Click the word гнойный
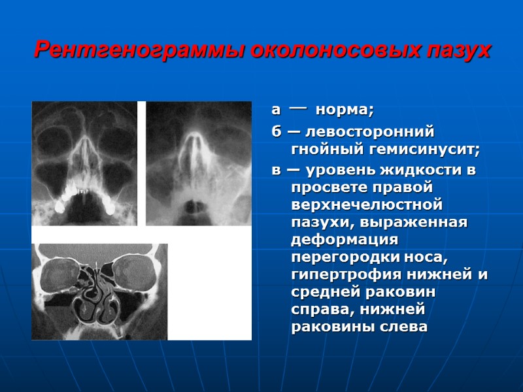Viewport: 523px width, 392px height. [324, 150]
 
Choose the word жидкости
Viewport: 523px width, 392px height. [417, 171]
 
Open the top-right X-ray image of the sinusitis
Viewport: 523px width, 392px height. [198, 163]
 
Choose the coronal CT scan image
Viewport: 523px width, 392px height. [99, 291]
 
